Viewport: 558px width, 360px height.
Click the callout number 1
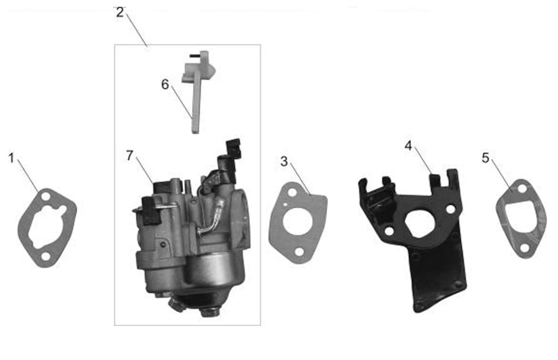12,158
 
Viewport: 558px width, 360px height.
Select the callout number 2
120,12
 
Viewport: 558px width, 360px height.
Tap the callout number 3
283,161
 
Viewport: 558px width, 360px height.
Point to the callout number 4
408,146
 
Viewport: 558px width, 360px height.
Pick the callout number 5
485,158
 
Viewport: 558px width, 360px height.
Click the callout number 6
165,84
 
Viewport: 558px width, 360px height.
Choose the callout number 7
129,155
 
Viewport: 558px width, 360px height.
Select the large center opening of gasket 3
298,221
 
